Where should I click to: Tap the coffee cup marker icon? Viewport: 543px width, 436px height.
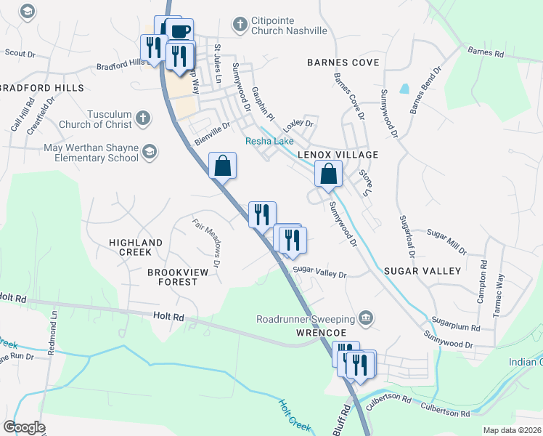(x=179, y=31)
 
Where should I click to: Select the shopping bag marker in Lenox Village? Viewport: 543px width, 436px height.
(x=329, y=174)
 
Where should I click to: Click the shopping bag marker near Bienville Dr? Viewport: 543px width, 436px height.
(x=222, y=165)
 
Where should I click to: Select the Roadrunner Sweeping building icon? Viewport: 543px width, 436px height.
(x=366, y=318)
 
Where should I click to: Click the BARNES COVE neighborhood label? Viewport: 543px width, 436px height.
(x=343, y=63)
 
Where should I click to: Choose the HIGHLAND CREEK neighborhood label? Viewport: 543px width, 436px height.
(x=136, y=247)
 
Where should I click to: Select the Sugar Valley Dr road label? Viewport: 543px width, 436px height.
(x=319, y=274)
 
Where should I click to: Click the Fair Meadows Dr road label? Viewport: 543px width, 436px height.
(x=206, y=237)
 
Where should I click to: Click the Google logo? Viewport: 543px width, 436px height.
(x=24, y=427)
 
